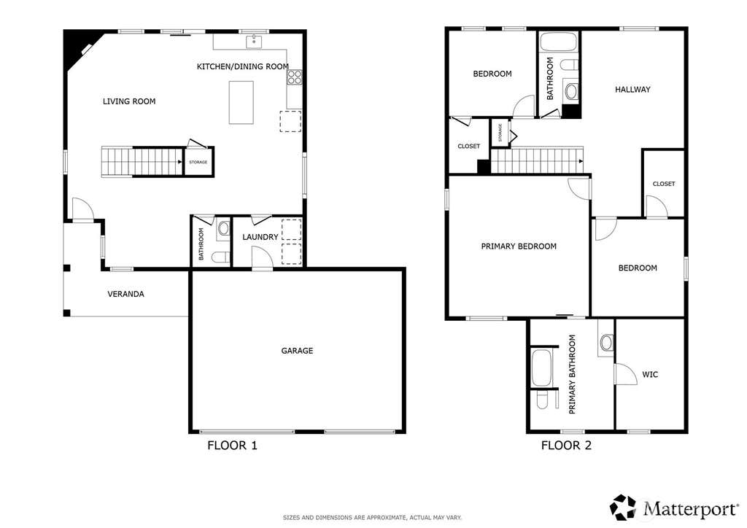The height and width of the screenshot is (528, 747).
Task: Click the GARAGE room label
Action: point(297,351)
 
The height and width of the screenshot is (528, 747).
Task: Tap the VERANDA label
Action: point(125,294)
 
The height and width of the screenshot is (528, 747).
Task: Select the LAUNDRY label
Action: point(260,237)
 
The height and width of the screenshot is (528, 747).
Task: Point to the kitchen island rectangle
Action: point(241,102)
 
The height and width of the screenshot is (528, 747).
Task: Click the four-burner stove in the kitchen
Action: point(295,77)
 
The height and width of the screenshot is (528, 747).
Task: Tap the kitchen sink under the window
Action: point(254,42)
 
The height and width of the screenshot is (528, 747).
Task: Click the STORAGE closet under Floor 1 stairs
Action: point(198,162)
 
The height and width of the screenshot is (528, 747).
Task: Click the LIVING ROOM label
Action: point(129,101)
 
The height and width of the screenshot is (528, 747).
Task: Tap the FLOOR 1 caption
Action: point(233,446)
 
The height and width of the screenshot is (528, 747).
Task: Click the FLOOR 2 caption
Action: point(566,446)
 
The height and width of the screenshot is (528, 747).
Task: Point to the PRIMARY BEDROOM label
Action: point(519,246)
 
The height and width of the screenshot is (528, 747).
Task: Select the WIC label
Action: point(650,375)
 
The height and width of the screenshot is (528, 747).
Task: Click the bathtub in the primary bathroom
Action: point(541,368)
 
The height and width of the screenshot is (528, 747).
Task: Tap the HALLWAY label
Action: point(632,90)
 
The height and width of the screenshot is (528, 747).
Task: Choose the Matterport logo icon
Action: point(623,508)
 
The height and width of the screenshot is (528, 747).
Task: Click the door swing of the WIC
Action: point(625,373)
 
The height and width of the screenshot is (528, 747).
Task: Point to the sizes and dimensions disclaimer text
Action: point(373,518)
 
